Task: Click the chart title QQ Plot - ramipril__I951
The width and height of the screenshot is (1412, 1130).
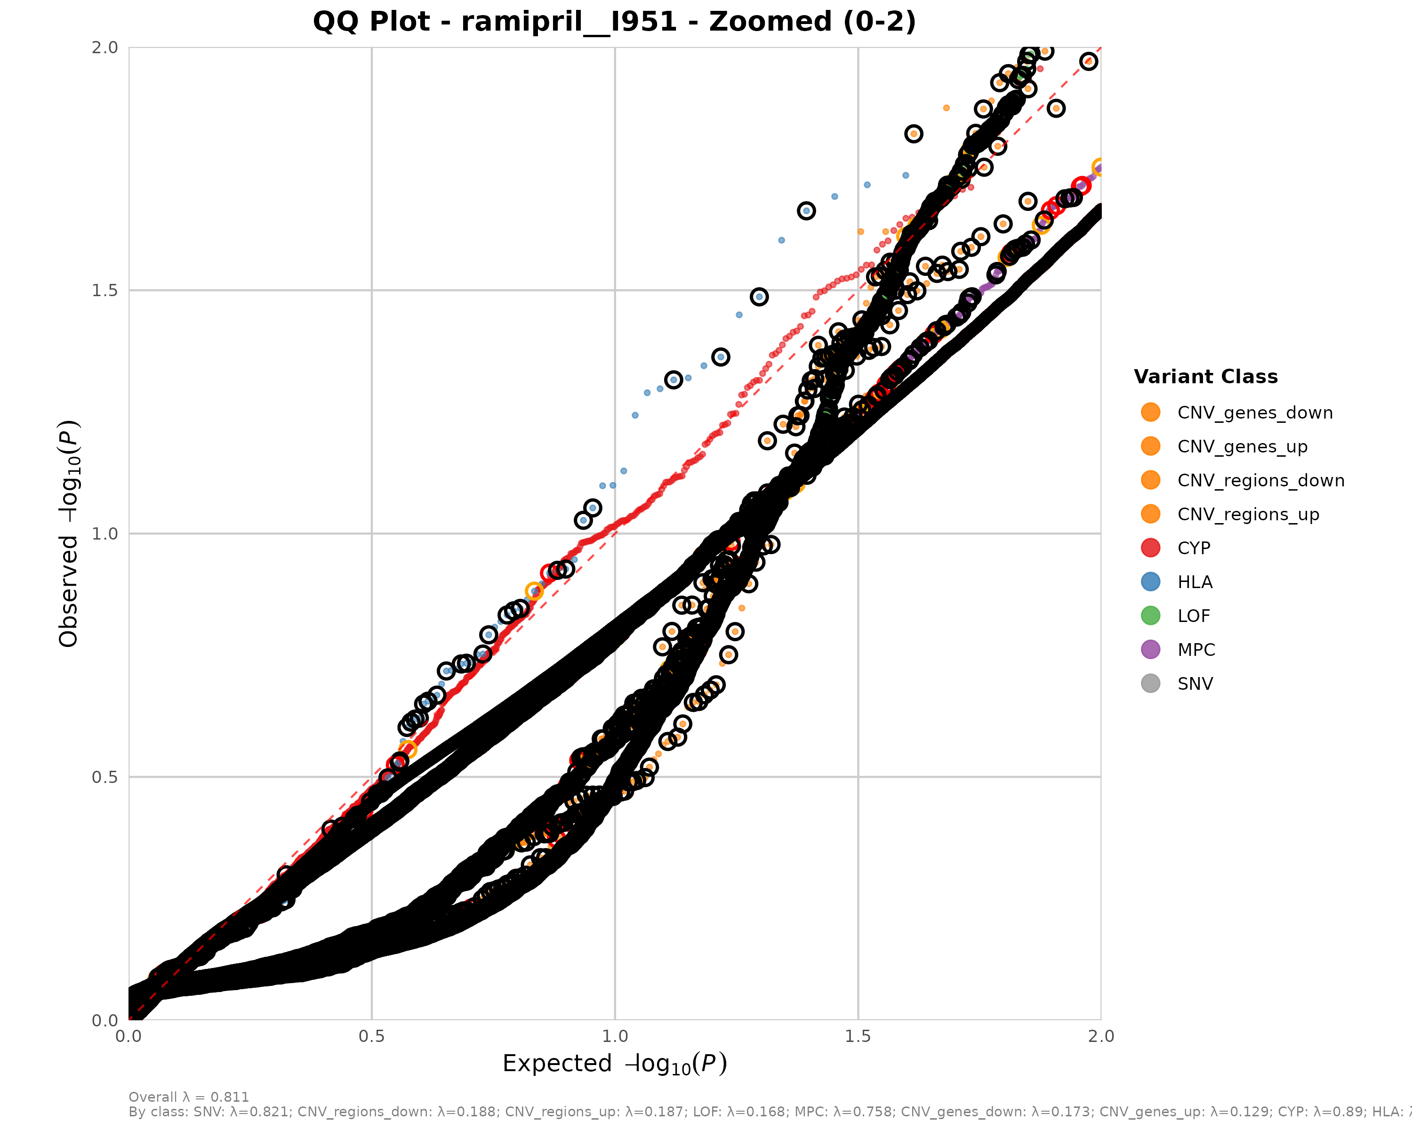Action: click(614, 22)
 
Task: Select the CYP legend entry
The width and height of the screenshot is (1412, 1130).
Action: click(1193, 549)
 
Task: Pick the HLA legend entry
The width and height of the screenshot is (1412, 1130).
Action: click(1195, 582)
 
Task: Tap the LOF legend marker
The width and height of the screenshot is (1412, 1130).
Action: click(1150, 616)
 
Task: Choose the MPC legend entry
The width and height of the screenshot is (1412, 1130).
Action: click(1196, 650)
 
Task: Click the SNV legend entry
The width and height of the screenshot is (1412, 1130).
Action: click(1195, 684)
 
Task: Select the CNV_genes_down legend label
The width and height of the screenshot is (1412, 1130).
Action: click(1255, 413)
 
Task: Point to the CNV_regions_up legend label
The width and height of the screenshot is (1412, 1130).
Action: click(1248, 514)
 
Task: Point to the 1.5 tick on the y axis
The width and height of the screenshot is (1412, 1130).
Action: click(105, 290)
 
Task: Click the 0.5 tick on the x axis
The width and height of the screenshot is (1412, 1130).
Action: click(372, 1036)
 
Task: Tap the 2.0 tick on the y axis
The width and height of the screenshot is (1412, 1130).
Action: click(105, 47)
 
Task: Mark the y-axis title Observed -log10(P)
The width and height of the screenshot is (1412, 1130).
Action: click(69, 533)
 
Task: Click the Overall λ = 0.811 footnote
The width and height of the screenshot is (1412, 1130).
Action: click(189, 1097)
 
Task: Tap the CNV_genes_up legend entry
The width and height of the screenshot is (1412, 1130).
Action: click(1242, 447)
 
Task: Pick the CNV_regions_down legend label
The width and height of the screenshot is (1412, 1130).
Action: click(1260, 481)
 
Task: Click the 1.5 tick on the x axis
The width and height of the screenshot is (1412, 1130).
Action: click(858, 1036)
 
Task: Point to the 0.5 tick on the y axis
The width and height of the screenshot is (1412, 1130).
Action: click(105, 777)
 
